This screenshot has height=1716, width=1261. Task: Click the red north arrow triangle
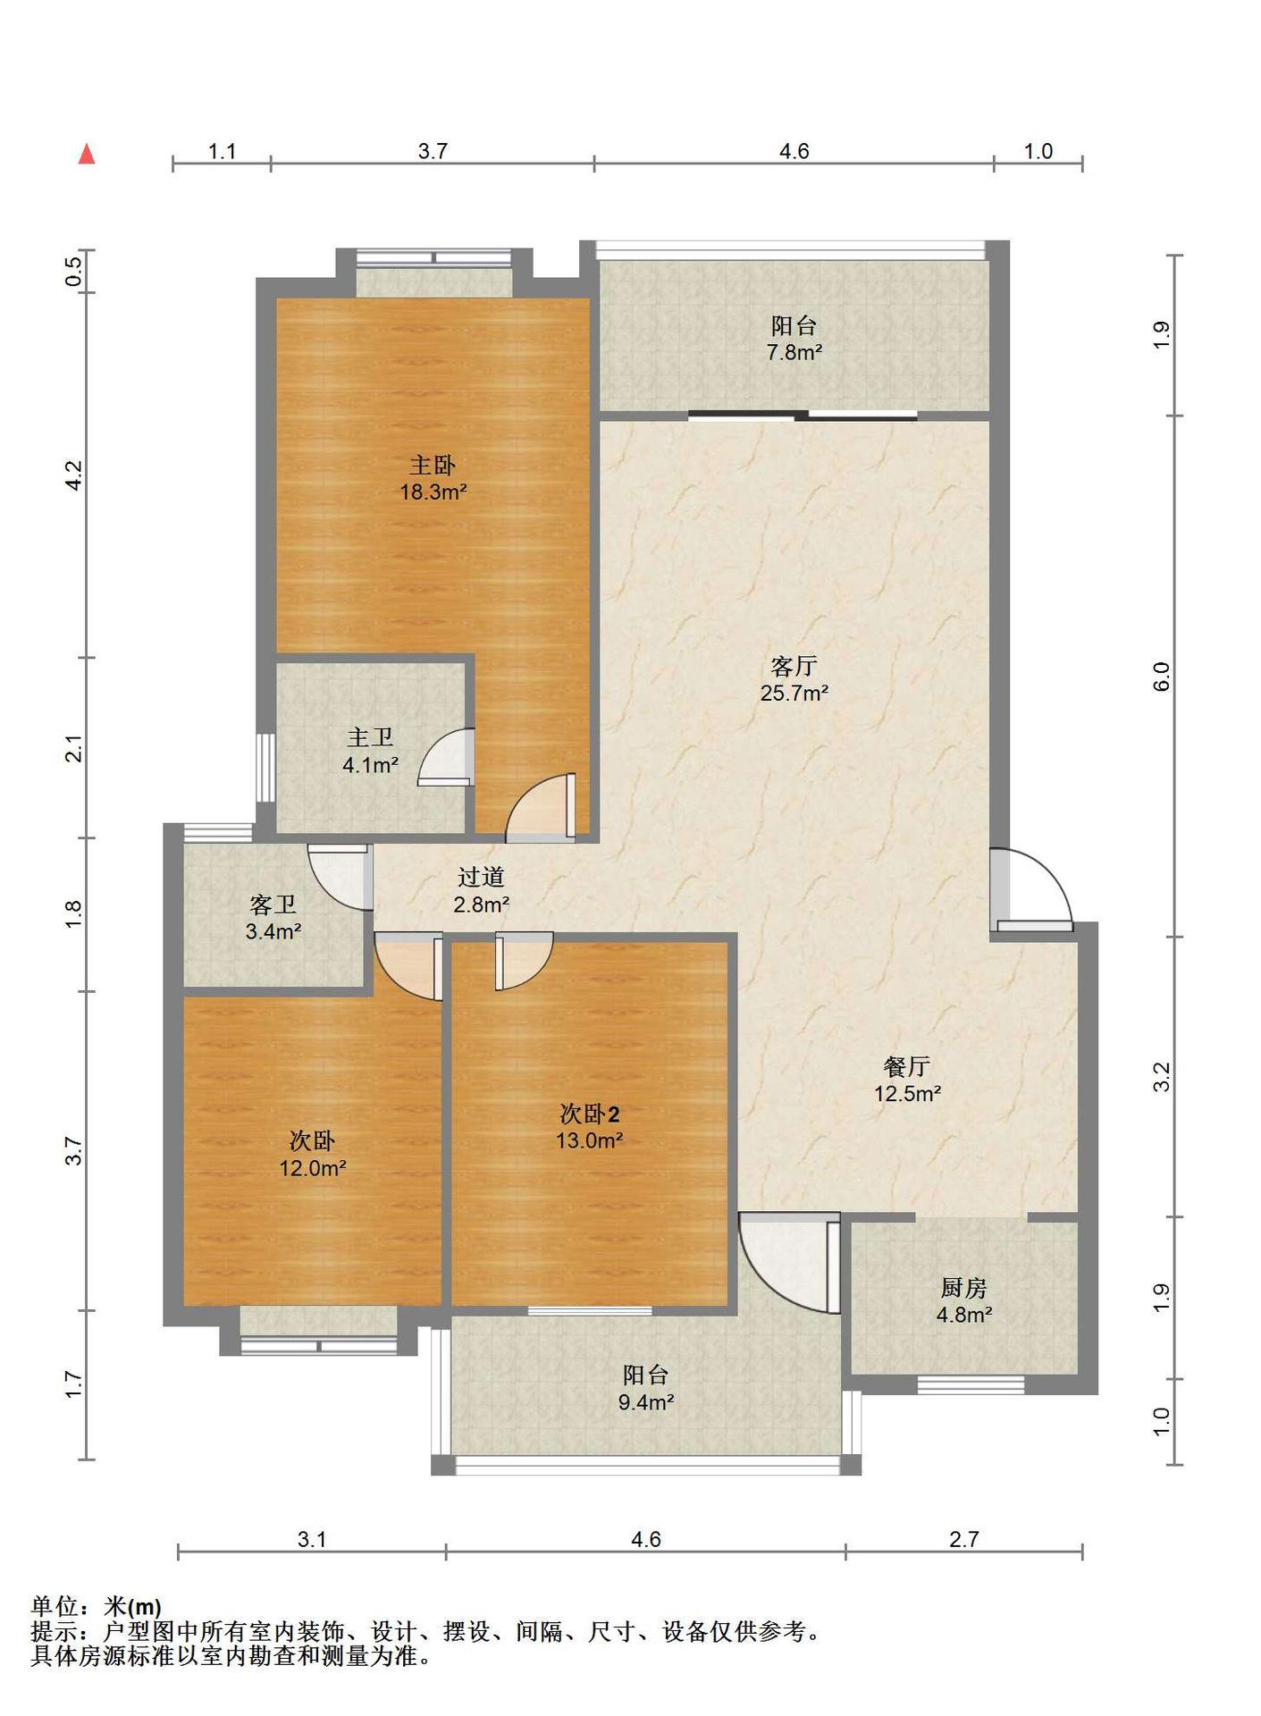87,154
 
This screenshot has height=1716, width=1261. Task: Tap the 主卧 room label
433,465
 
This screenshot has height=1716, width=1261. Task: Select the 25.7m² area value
794,693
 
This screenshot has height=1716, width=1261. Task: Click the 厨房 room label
964,1288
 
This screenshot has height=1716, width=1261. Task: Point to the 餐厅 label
907,1066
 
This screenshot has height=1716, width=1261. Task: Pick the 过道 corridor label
482,877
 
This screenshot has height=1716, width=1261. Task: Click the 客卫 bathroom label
273,904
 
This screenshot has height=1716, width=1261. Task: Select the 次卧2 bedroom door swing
525,961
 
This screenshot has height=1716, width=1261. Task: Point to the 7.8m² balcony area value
794,352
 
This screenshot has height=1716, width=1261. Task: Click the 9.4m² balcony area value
646,1402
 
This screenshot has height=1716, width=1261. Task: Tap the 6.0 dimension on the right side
1161,677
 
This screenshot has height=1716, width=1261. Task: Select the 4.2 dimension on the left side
75,475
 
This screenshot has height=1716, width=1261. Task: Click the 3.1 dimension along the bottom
312,1539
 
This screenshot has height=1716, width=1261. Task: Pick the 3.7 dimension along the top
433,151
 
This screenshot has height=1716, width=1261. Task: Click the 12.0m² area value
313,1167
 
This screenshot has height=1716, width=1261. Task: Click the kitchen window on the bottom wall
971,1385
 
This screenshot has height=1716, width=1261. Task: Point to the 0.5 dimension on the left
75,271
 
